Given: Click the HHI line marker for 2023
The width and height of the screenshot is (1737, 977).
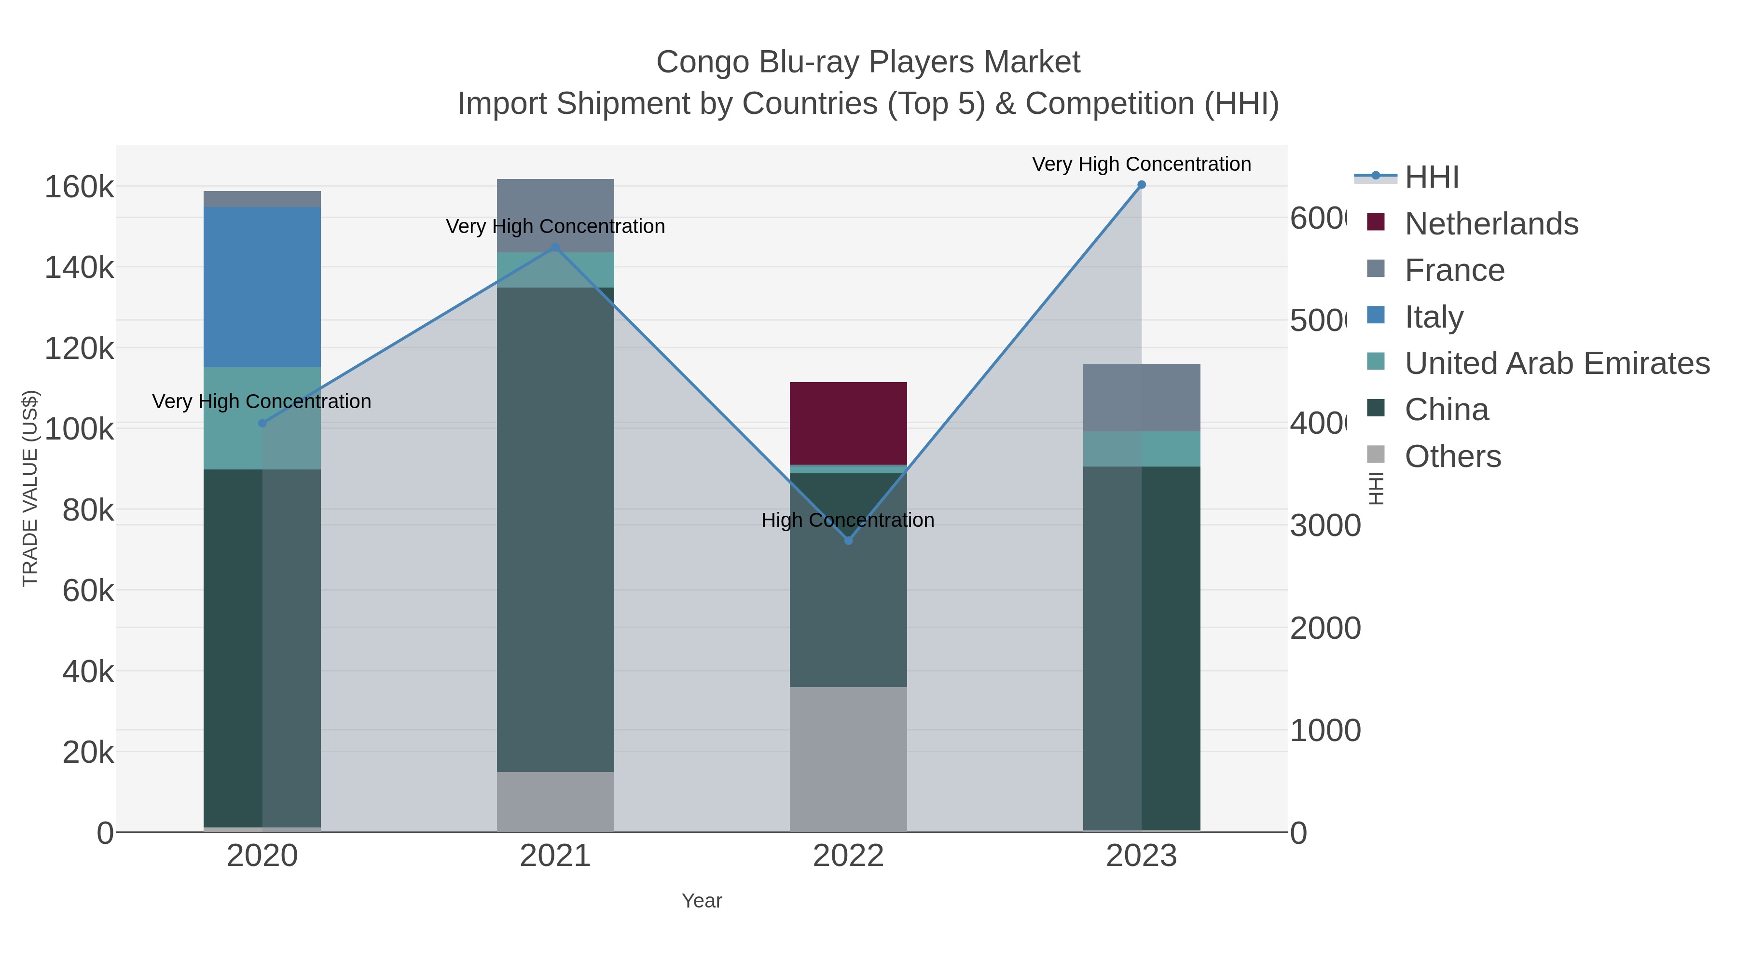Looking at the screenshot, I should point(1142,185).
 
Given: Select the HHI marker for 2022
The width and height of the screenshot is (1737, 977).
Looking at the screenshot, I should point(848,541).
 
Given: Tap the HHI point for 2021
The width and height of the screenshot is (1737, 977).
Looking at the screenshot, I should point(556,248).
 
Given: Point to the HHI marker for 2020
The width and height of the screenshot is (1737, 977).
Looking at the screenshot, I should point(262,424).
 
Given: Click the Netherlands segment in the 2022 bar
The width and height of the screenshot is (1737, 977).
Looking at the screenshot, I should point(848,424).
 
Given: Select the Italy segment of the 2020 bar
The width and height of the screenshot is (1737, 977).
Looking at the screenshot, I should point(262,287).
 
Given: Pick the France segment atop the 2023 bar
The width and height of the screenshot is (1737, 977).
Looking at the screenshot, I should point(1142,398).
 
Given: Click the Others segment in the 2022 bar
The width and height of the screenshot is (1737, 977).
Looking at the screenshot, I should point(848,759).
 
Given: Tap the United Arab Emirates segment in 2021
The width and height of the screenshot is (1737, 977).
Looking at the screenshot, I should point(556,270).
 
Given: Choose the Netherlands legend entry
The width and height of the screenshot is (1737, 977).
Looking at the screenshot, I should point(1491,224).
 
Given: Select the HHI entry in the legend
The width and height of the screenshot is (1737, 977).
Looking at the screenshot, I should point(1432,178).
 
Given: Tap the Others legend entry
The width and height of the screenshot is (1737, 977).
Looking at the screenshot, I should point(1452,456).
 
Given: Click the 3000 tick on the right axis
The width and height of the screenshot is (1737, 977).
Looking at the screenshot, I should point(1325,526).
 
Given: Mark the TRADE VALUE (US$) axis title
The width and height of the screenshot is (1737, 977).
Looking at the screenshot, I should point(30,488).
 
